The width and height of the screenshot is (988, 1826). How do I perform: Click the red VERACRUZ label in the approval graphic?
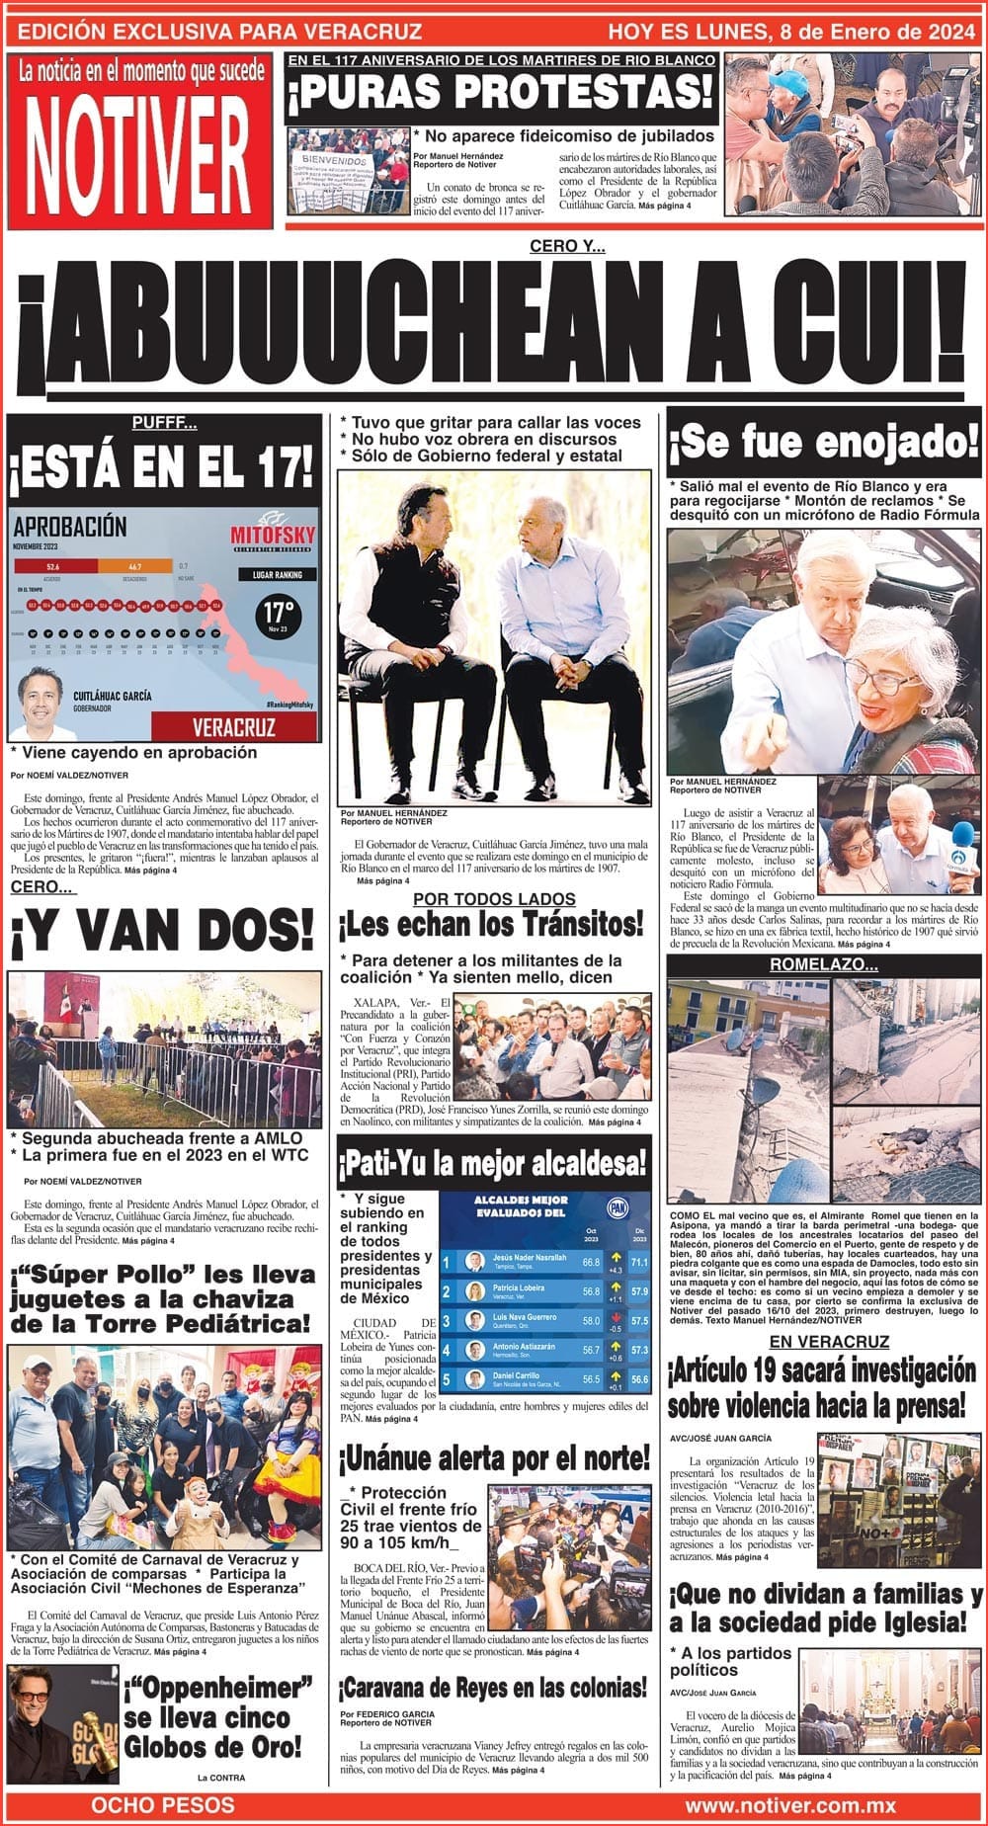point(233,728)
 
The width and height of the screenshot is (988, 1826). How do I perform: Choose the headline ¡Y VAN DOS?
point(163,930)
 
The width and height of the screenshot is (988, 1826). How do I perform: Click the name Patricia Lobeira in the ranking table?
point(519,1288)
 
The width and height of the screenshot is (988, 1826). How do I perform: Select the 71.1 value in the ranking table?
point(638,1262)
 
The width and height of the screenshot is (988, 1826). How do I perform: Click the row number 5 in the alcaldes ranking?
point(447,1378)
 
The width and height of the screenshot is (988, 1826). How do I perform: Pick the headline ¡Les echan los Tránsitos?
point(490,925)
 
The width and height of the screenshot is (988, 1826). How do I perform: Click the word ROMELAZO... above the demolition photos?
point(824,963)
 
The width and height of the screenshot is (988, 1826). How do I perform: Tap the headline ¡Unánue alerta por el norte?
point(494,1456)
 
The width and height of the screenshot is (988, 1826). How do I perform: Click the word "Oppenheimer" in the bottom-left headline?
point(219,1687)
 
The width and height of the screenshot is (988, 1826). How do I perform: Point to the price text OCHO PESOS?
point(163,1805)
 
